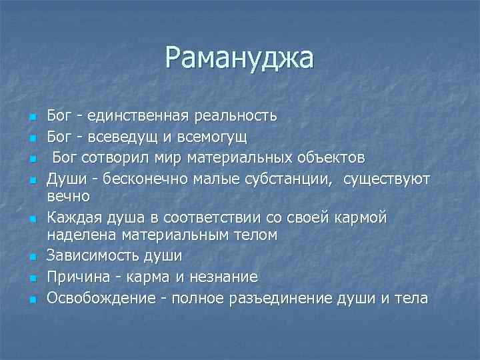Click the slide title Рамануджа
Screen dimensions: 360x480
tap(239, 58)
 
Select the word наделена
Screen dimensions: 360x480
tap(77, 235)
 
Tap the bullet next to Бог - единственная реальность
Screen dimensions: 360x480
tap(31, 117)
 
